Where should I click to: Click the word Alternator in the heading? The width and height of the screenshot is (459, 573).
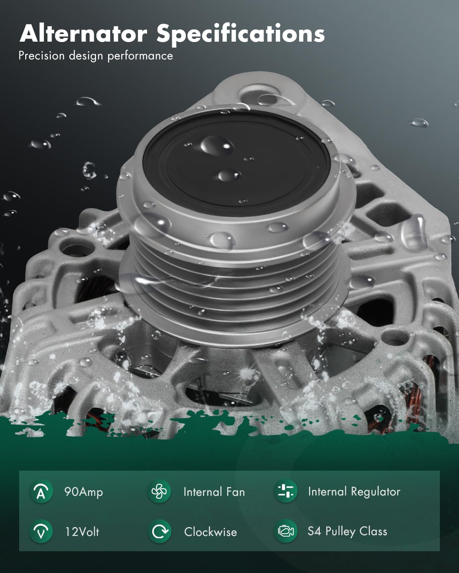[83, 34]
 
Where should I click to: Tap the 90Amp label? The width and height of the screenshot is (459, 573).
[83, 492]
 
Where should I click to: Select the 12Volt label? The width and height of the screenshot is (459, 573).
[82, 532]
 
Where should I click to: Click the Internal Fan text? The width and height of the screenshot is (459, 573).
[214, 492]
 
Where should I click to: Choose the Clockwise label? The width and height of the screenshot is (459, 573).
[210, 532]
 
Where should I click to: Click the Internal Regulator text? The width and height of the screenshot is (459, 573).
[354, 492]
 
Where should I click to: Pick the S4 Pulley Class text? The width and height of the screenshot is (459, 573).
[347, 531]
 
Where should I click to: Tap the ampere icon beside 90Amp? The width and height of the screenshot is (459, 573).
[41, 492]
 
